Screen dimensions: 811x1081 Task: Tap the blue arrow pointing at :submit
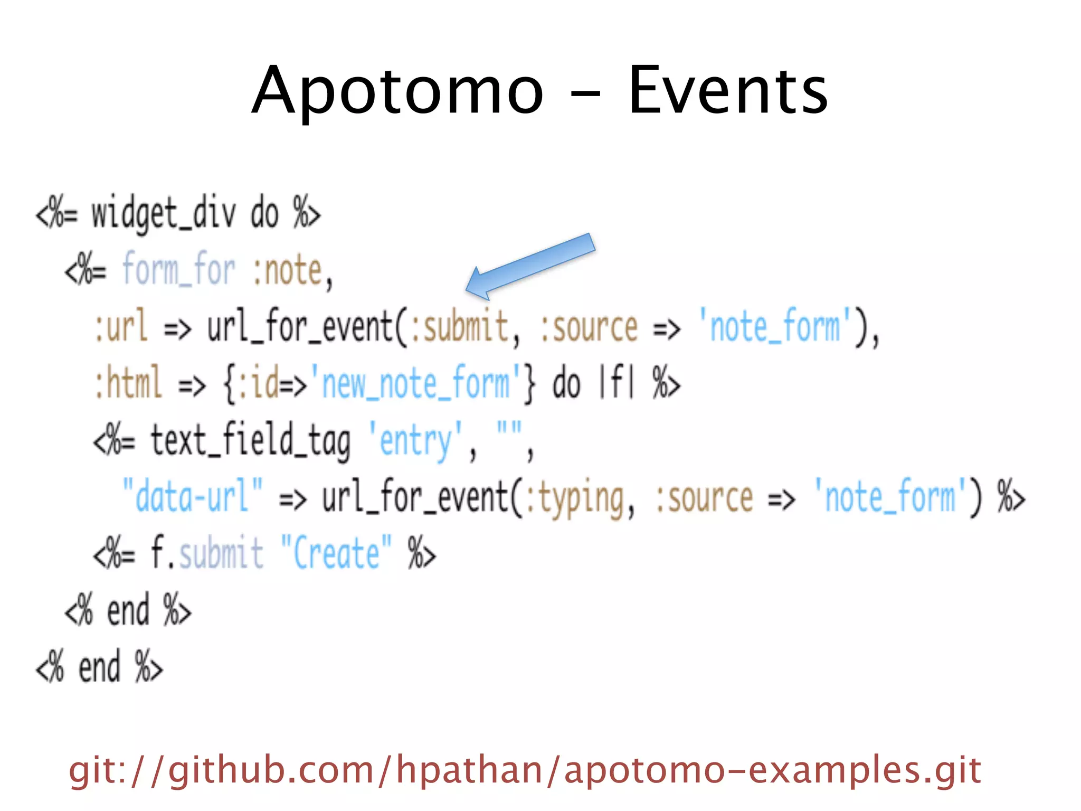(x=530, y=267)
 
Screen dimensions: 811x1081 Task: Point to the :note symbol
(x=288, y=270)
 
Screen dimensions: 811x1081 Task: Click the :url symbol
(x=120, y=327)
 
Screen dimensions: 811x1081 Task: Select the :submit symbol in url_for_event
(x=459, y=327)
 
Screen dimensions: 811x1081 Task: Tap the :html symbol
(x=127, y=383)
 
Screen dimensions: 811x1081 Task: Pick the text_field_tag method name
(x=250, y=441)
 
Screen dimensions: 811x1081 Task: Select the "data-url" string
(x=192, y=496)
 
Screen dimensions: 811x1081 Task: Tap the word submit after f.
(x=221, y=553)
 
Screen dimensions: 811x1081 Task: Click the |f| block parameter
(x=615, y=383)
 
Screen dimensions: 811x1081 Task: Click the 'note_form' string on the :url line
(x=774, y=327)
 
